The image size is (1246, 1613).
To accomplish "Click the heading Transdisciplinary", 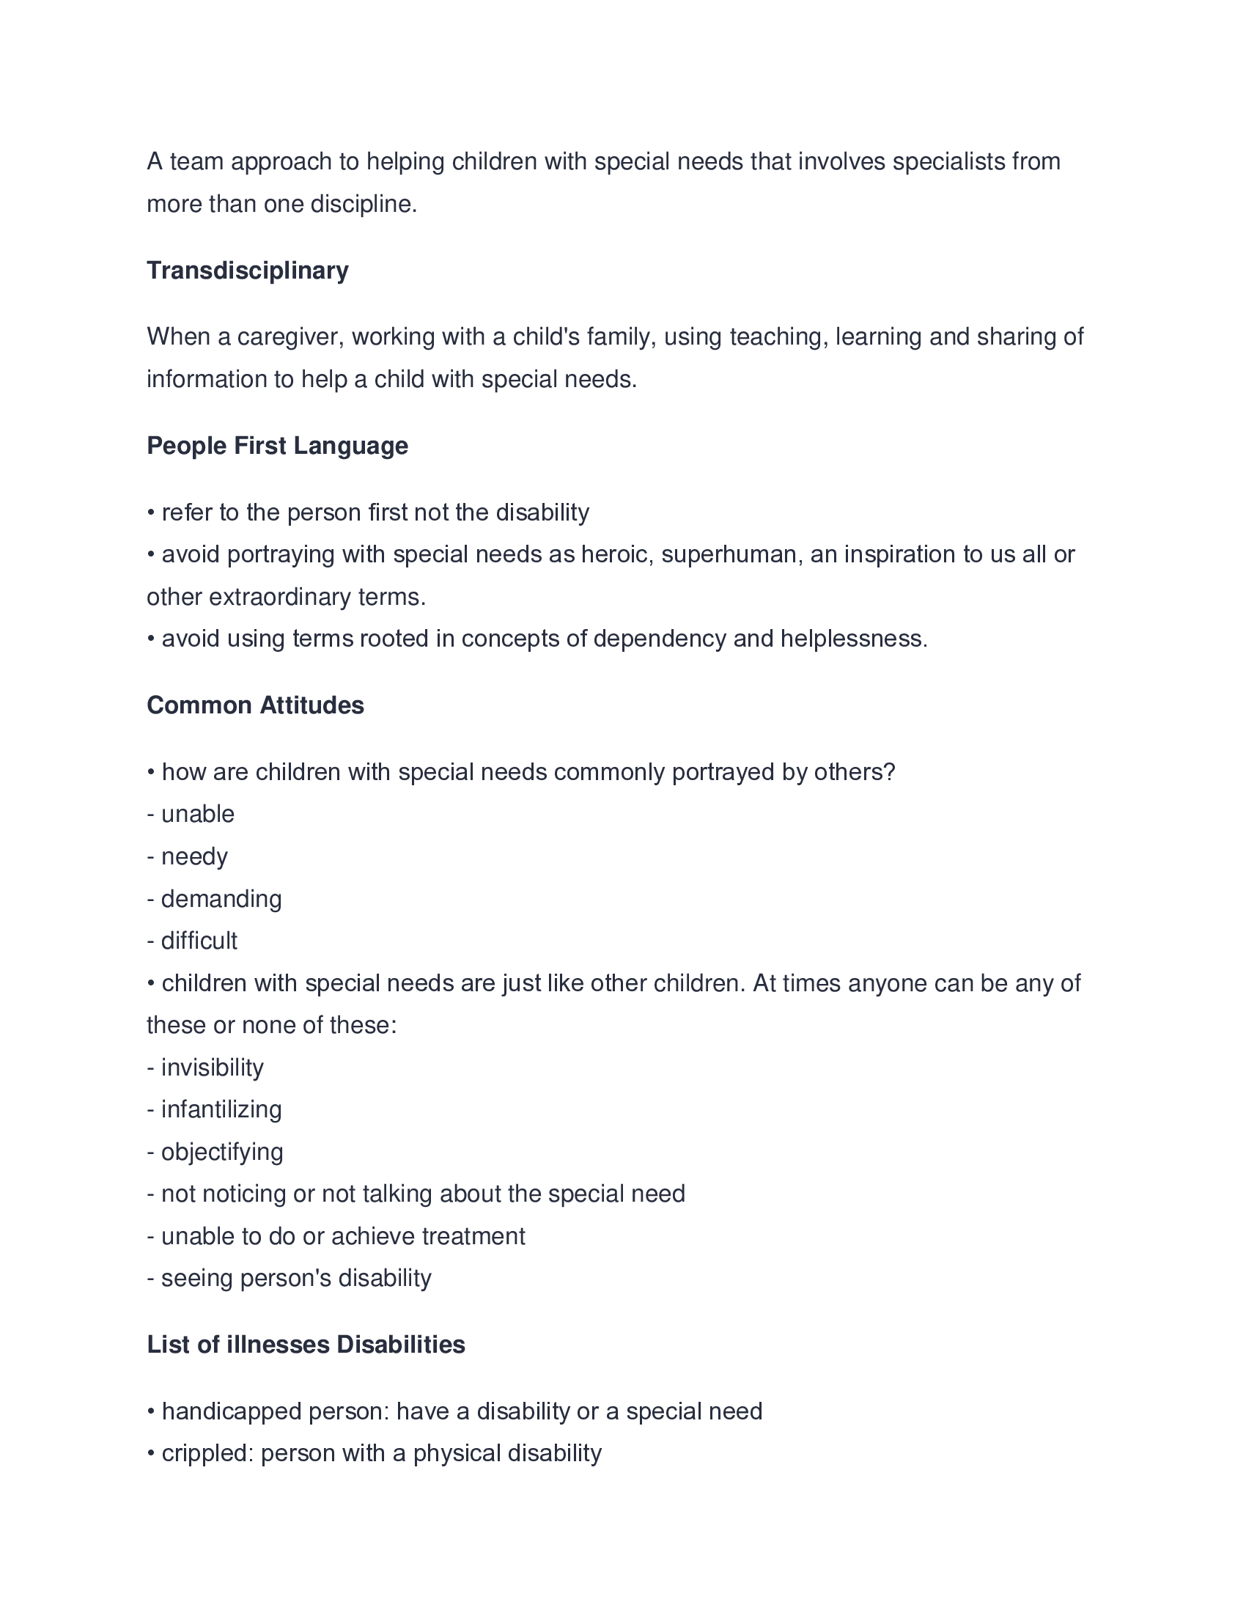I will coord(247,271).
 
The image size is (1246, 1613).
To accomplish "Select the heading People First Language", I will coord(277,445).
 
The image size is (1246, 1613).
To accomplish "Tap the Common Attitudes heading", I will coord(254,705).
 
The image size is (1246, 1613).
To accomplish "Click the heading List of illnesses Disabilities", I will coord(306,1344).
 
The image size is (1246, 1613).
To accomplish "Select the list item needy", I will coord(194,856).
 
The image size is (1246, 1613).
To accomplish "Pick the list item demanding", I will coord(221,899).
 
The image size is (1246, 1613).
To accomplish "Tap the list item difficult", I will coord(199,941).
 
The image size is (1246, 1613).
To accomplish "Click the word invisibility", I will coord(212,1068).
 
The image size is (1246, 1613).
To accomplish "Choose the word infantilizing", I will coord(221,1110).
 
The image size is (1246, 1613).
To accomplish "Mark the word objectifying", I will coord(221,1152).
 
